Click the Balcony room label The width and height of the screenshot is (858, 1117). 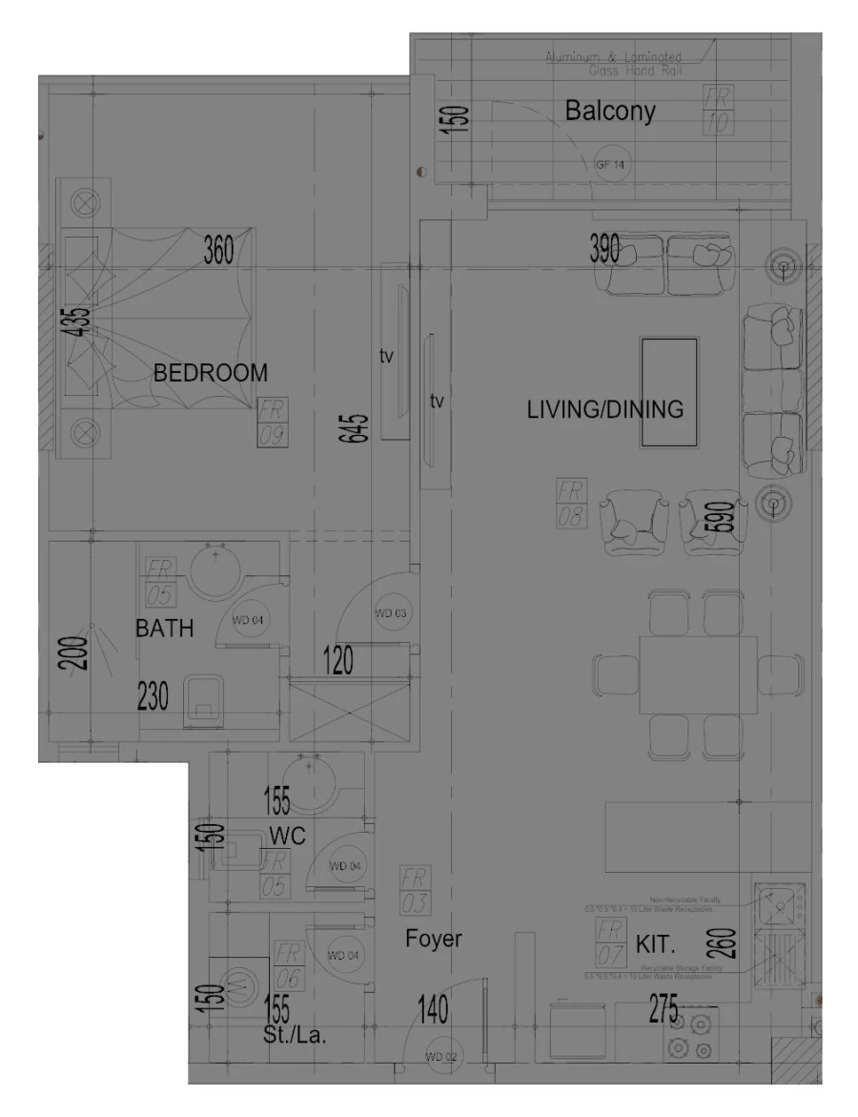pyautogui.click(x=610, y=111)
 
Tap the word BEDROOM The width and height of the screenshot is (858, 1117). pyautogui.click(x=211, y=373)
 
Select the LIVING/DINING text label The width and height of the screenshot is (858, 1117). pyautogui.click(x=604, y=410)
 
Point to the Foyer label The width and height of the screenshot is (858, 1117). pyautogui.click(x=433, y=939)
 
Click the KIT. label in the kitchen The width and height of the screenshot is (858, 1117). pyautogui.click(x=655, y=945)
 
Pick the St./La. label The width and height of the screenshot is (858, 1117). pyautogui.click(x=295, y=1035)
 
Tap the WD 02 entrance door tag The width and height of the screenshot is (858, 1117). pyautogui.click(x=440, y=1056)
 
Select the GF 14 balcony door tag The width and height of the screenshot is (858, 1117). pyautogui.click(x=610, y=165)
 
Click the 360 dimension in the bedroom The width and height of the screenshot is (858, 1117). pyautogui.click(x=218, y=251)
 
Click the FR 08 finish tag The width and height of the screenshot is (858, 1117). pyautogui.click(x=571, y=505)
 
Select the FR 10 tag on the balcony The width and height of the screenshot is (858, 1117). pyautogui.click(x=716, y=110)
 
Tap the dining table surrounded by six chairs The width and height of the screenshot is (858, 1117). pyautogui.click(x=698, y=673)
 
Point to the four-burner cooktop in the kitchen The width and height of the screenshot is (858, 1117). pyautogui.click(x=691, y=1036)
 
